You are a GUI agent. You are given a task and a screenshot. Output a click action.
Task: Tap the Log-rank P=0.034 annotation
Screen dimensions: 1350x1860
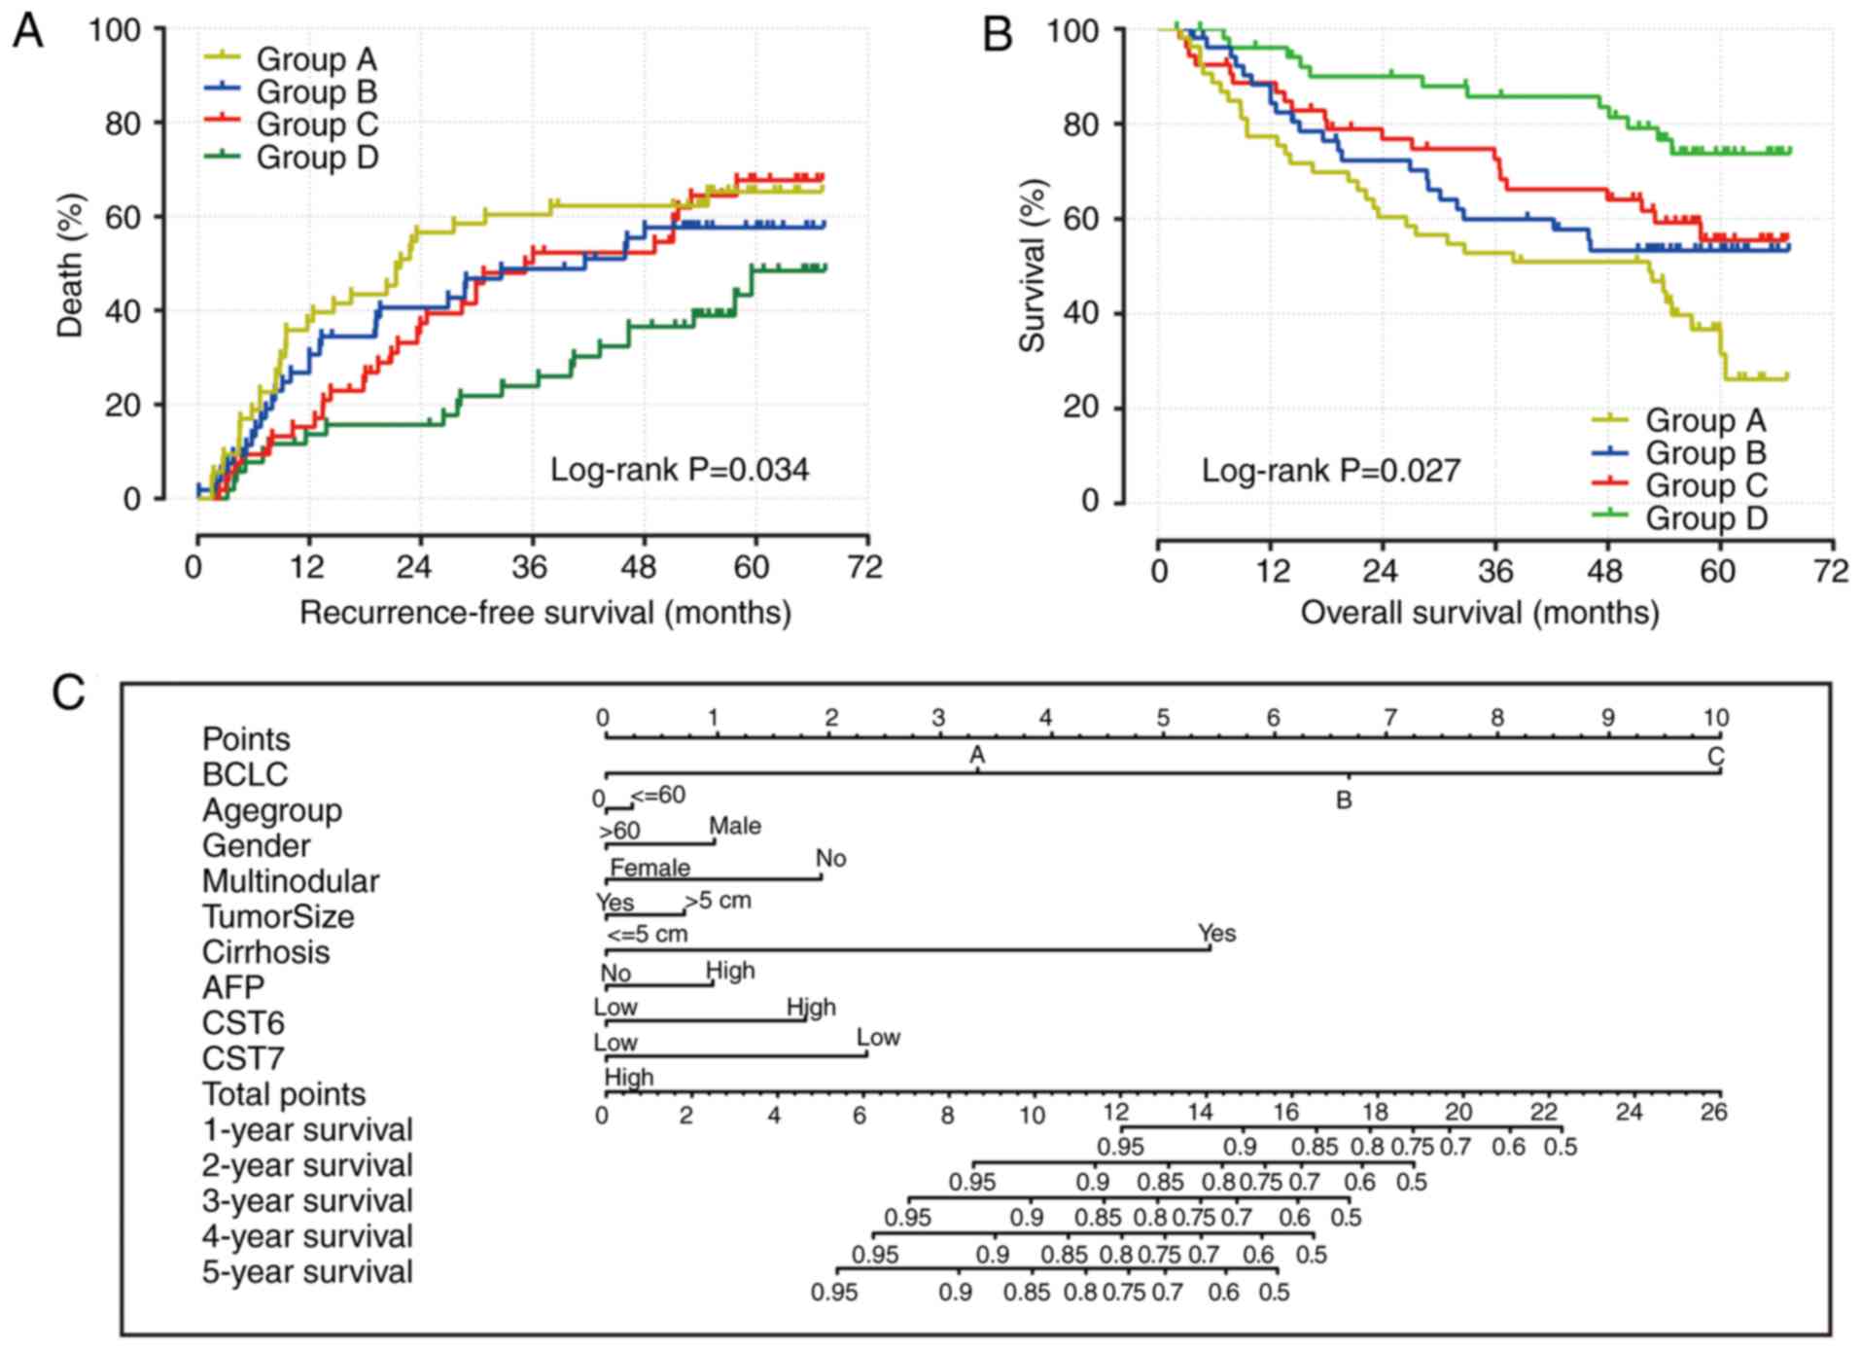[679, 470]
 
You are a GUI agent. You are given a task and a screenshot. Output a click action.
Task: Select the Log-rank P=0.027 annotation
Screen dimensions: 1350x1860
[1330, 471]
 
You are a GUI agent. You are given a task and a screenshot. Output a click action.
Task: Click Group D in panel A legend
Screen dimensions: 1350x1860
[316, 158]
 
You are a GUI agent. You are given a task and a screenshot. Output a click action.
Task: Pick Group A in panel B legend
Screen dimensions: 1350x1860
[1704, 420]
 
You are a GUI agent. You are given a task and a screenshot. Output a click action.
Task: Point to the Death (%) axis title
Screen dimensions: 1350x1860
[71, 265]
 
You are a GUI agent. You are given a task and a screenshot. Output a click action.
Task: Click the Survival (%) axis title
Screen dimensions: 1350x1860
[1032, 265]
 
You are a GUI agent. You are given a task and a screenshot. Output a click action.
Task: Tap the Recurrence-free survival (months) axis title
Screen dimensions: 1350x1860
[544, 613]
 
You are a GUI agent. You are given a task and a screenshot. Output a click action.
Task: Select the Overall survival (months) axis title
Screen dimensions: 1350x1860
[1479, 613]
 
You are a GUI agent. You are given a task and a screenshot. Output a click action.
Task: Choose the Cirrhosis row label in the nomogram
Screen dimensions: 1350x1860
[265, 952]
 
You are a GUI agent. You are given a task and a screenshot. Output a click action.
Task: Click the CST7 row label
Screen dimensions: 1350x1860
[243, 1058]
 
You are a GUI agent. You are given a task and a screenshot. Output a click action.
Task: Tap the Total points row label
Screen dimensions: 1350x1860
[284, 1094]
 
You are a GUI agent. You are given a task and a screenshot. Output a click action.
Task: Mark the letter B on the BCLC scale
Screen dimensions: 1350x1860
[1344, 800]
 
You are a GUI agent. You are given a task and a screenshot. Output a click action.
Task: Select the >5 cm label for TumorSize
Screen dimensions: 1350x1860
[718, 901]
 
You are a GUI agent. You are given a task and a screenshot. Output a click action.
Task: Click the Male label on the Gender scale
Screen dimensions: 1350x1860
[735, 827]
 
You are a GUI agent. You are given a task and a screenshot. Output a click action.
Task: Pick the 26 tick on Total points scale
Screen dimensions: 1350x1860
[1713, 1112]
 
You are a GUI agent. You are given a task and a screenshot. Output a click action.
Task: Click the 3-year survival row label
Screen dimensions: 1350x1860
[307, 1201]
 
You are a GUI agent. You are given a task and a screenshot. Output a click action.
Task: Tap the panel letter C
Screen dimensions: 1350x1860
[68, 693]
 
